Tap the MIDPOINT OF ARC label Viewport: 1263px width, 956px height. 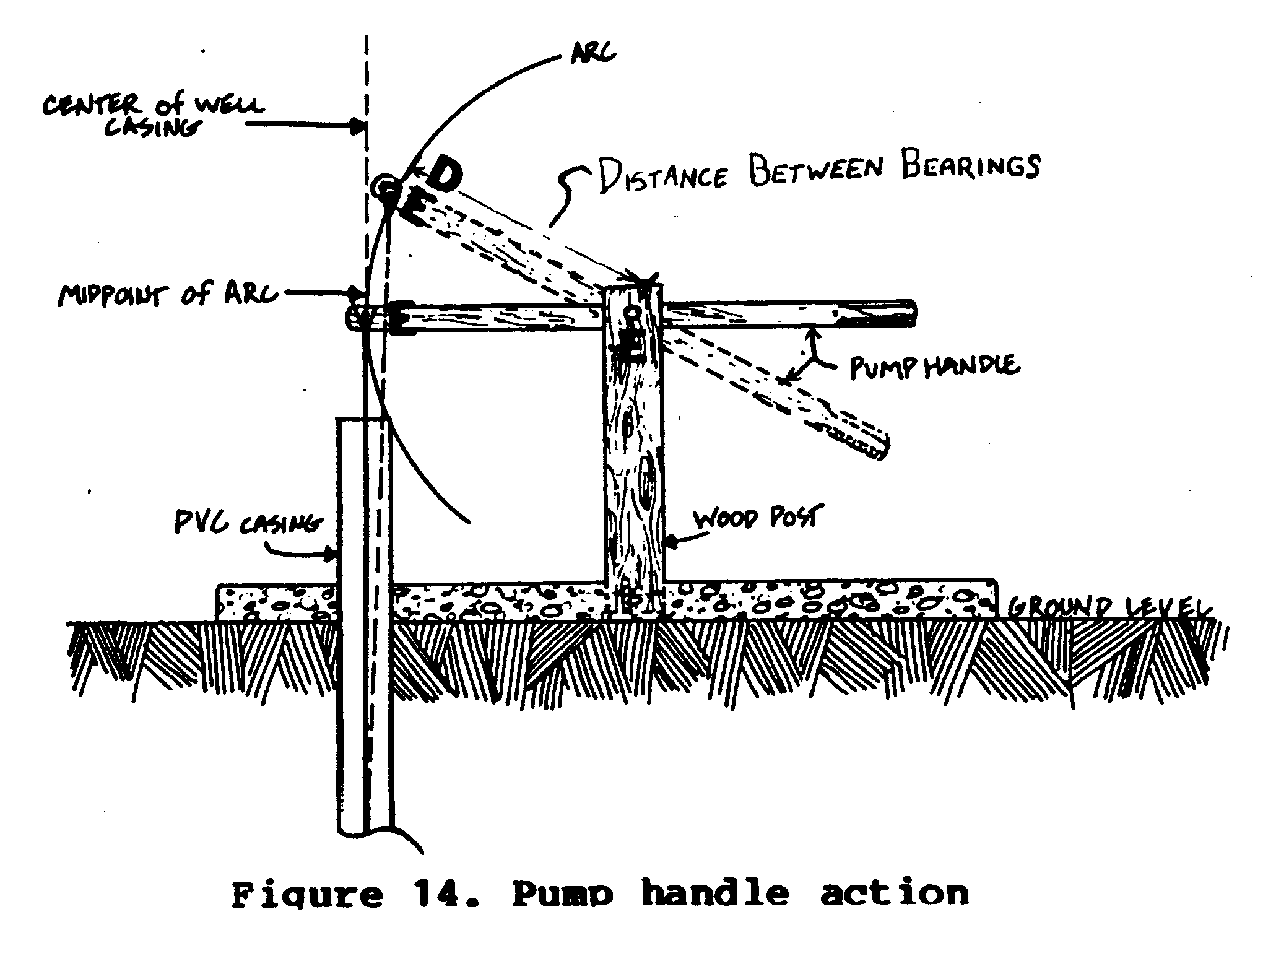click(167, 296)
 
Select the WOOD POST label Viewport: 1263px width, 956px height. click(755, 518)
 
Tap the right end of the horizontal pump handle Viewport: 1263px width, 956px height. click(911, 313)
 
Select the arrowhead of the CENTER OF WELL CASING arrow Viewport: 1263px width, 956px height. click(360, 126)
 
